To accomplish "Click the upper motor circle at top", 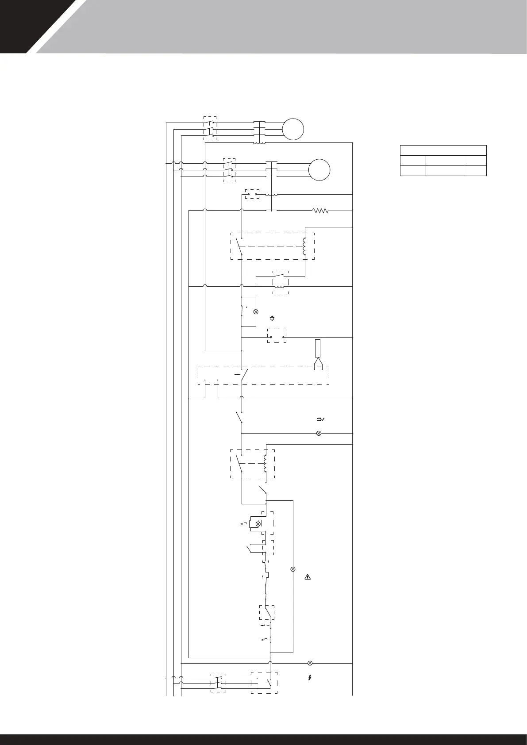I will pyautogui.click(x=293, y=129).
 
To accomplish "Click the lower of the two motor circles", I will pyautogui.click(x=319, y=170).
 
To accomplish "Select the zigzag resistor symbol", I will pyautogui.click(x=321, y=211).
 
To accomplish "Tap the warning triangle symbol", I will pyautogui.click(x=308, y=577).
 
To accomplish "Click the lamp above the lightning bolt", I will pyautogui.click(x=310, y=663).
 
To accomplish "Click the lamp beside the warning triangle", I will pyautogui.click(x=292, y=569).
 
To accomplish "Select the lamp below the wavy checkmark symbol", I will pyautogui.click(x=319, y=433).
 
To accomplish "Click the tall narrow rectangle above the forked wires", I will pyautogui.click(x=317, y=349).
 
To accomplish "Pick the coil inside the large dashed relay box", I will pyautogui.click(x=304, y=246).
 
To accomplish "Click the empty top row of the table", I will pyautogui.click(x=443, y=150).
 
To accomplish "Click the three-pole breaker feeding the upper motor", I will pyautogui.click(x=210, y=129).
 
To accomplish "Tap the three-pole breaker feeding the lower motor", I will pyautogui.click(x=229, y=170).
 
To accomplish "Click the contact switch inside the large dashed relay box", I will pyautogui.click(x=239, y=246).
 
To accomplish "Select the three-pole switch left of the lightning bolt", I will pyautogui.click(x=219, y=683).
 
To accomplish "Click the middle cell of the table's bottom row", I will pyautogui.click(x=444, y=171).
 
